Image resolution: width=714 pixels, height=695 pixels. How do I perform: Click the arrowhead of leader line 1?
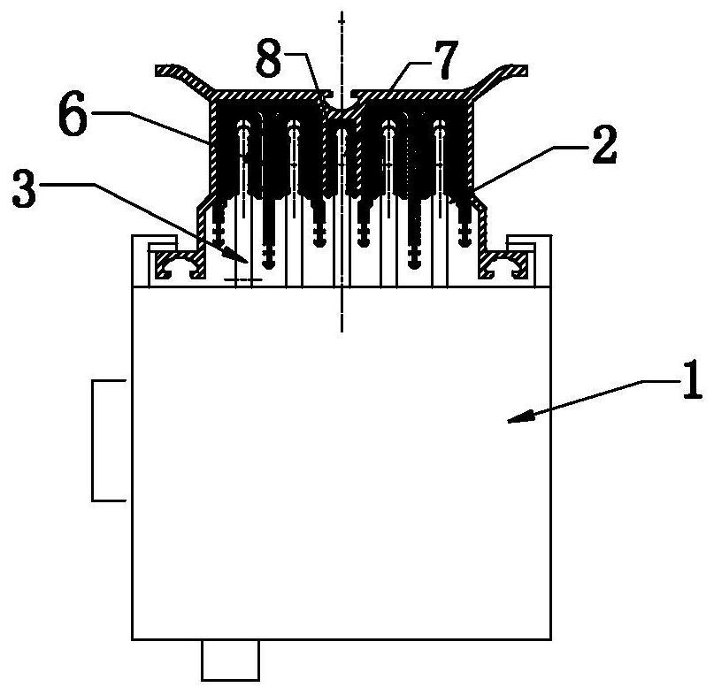[x=511, y=424]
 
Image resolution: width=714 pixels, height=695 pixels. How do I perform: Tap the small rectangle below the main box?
[x=230, y=660]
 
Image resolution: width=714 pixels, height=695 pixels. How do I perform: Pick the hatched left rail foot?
[x=177, y=264]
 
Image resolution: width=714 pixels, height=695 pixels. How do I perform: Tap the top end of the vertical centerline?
[x=342, y=12]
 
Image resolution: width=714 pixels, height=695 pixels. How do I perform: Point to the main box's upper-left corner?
[x=133, y=287]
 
